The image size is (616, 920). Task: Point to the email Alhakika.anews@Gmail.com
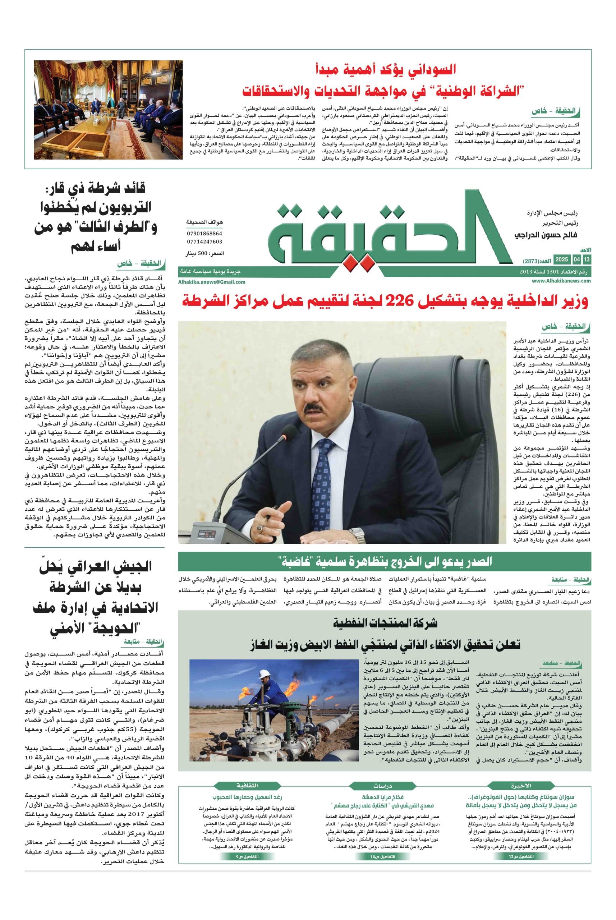click(211, 282)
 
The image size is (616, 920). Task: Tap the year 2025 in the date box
click(561, 260)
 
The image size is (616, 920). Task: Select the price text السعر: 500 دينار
click(204, 254)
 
